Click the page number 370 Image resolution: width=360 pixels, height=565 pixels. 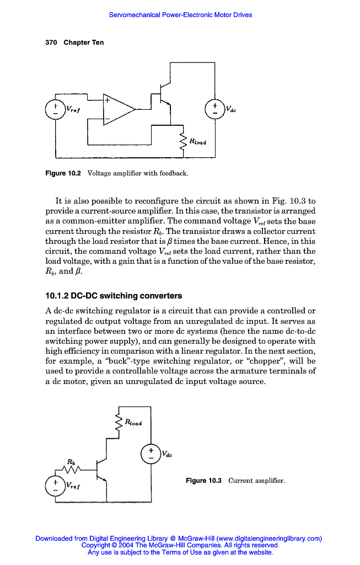point(52,42)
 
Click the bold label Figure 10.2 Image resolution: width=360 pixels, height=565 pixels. point(63,174)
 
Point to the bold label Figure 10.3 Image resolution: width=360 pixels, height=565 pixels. point(204,481)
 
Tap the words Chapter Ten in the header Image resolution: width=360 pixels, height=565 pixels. point(84,42)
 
